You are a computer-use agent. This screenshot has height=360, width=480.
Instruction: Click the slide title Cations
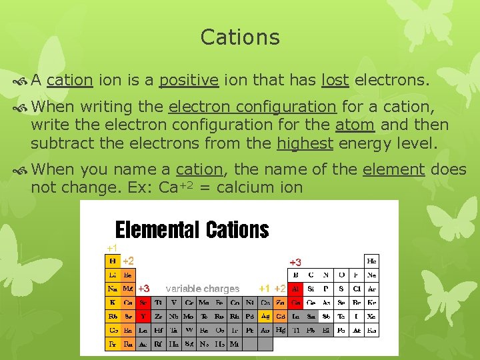(240, 37)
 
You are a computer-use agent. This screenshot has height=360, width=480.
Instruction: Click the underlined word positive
(189, 81)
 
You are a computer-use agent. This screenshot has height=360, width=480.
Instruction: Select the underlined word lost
(335, 81)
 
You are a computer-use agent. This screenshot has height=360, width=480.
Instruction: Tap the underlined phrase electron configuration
(252, 107)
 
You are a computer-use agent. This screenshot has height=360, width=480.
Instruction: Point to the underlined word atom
(354, 125)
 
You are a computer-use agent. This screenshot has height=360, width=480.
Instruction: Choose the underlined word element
(393, 169)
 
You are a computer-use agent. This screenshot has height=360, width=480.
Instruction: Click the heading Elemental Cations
(192, 230)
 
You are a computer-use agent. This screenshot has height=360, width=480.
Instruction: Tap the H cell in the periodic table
(113, 261)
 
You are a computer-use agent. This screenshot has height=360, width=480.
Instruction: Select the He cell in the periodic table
(372, 261)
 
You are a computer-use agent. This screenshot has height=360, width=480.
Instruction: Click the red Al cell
(295, 289)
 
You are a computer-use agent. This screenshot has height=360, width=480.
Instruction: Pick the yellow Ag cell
(266, 316)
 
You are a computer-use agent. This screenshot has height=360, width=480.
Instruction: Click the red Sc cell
(143, 303)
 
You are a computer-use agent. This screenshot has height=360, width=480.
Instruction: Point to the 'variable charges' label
(202, 289)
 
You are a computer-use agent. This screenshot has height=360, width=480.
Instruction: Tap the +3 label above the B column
(295, 262)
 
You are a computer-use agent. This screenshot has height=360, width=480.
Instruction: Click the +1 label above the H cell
(112, 248)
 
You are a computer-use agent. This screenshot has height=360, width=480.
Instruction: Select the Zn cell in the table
(281, 303)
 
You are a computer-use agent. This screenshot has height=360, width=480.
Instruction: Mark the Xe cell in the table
(372, 316)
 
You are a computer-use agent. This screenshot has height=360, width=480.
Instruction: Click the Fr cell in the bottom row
(113, 344)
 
